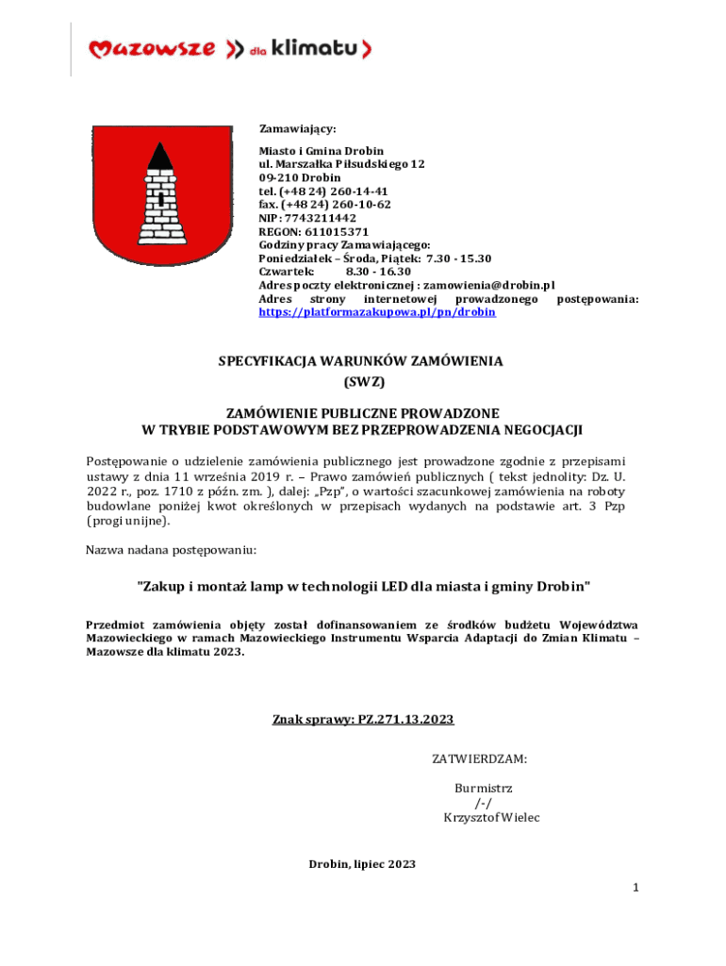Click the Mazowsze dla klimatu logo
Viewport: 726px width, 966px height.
point(229,48)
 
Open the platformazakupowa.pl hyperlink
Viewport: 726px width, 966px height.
point(377,311)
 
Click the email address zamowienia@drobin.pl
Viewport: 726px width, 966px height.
point(488,285)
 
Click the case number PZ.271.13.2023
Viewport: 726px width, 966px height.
point(404,720)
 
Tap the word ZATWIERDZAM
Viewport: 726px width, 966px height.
point(479,758)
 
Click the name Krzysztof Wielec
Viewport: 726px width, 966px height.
point(491,817)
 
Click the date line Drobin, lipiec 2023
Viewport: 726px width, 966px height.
point(362,864)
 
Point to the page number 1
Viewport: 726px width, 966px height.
point(636,888)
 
